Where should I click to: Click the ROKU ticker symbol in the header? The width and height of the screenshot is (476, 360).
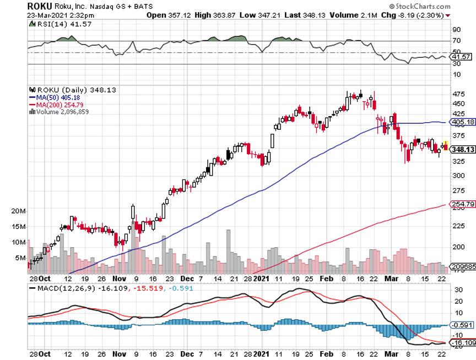tap(40, 6)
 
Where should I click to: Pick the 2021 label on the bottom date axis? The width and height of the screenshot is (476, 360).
tap(262, 354)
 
